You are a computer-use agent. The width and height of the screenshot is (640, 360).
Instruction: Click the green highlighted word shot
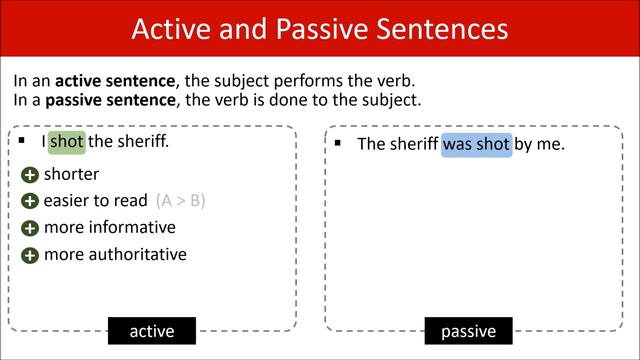[67, 142]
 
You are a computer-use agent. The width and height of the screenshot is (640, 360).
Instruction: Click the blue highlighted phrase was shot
[476, 144]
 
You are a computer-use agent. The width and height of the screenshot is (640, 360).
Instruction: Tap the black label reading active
[152, 331]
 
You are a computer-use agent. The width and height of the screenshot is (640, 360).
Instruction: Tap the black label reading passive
[468, 331]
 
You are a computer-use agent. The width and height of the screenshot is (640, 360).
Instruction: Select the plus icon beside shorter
[30, 176]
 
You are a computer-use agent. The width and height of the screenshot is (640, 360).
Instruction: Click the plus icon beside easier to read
[30, 202]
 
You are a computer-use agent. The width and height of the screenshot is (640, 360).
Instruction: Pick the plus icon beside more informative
[30, 228]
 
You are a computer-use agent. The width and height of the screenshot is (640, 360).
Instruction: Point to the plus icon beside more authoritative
[30, 255]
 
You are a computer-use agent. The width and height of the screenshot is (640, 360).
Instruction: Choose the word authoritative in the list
[136, 254]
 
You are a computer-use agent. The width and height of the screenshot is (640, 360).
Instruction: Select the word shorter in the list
[72, 175]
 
